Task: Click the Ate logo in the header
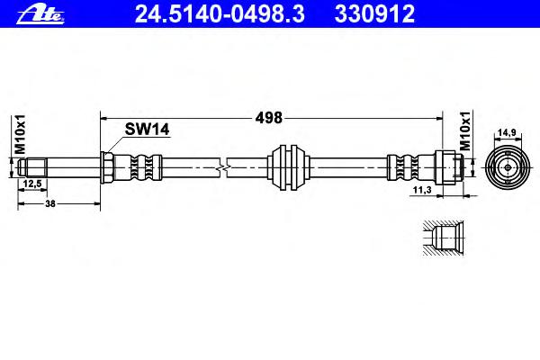point(40,14)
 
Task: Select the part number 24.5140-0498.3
point(220,13)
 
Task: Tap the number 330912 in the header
point(374,13)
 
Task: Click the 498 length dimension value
point(268,118)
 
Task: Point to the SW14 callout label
point(147,130)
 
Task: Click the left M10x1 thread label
point(21,134)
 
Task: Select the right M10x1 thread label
point(465,130)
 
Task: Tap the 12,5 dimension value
point(32,184)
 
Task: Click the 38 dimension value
point(50,203)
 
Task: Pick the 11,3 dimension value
point(422,190)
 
